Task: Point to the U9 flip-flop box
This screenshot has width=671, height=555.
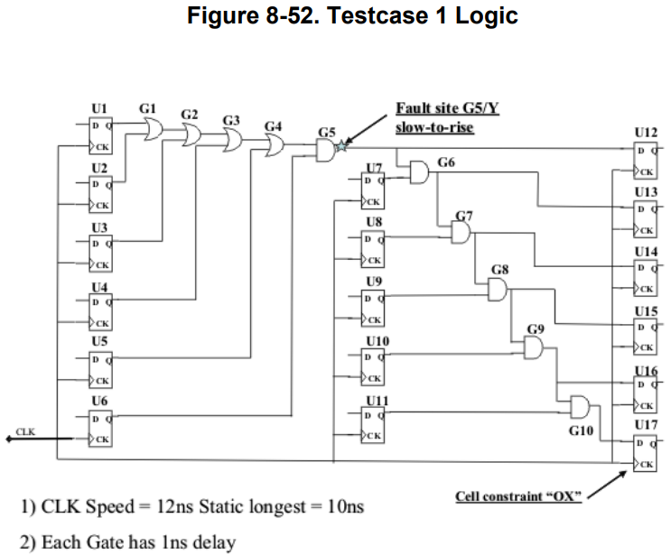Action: [374, 308]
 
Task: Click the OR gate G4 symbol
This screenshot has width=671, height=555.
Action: [273, 146]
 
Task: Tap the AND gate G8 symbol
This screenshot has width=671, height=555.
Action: [497, 289]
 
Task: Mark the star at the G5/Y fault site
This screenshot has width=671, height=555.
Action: [341, 145]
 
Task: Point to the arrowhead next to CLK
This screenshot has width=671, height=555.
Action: [8, 439]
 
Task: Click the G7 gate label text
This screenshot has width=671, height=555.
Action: [464, 215]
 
